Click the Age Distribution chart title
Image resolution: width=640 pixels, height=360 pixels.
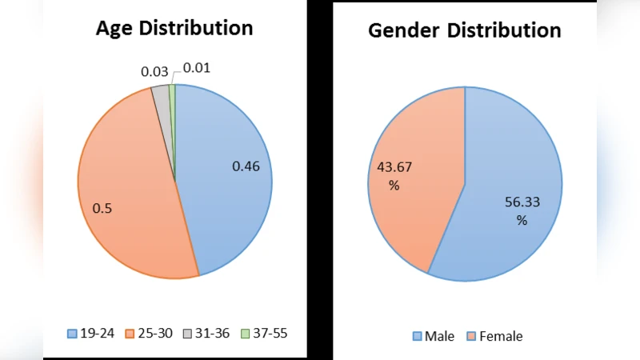[x=174, y=28]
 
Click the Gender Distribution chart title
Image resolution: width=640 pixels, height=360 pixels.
[x=464, y=30]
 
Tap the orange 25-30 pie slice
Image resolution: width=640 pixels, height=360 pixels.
[x=128, y=184]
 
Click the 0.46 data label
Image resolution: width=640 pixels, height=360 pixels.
[x=246, y=166]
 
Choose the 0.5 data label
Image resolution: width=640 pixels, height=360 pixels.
[x=102, y=208]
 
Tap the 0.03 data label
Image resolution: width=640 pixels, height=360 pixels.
[x=154, y=72]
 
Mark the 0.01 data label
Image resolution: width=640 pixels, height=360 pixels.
[x=197, y=67]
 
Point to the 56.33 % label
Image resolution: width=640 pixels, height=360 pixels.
[x=522, y=211]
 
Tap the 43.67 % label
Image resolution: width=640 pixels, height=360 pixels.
[x=394, y=176]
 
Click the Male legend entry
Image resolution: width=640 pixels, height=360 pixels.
[x=433, y=336]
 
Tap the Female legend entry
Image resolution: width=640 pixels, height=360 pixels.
[x=494, y=336]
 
